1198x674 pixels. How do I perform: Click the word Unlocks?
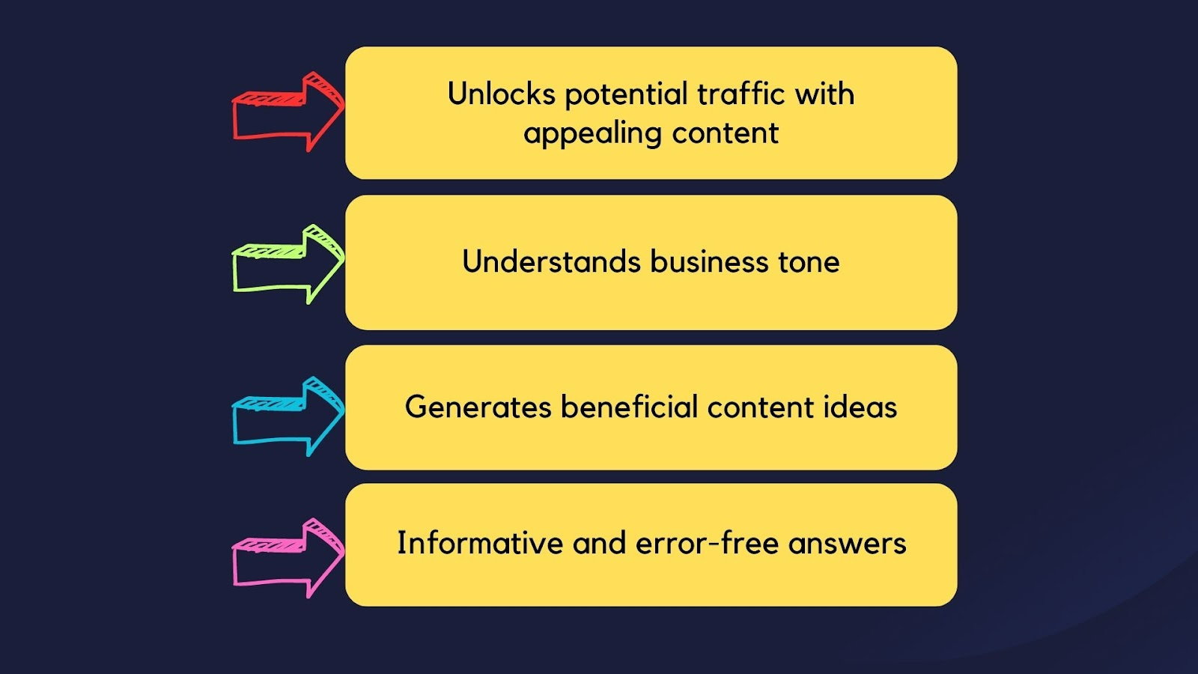coord(501,94)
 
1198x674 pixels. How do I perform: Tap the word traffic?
coord(741,94)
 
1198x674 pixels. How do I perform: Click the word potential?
coord(626,94)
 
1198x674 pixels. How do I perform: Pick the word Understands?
coord(551,261)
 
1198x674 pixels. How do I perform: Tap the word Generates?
coord(478,407)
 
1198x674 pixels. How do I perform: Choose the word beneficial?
coord(629,407)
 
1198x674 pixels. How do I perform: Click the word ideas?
coord(860,407)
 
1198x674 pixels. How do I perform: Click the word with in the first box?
coord(824,94)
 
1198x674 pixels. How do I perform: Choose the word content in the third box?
coord(761,407)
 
